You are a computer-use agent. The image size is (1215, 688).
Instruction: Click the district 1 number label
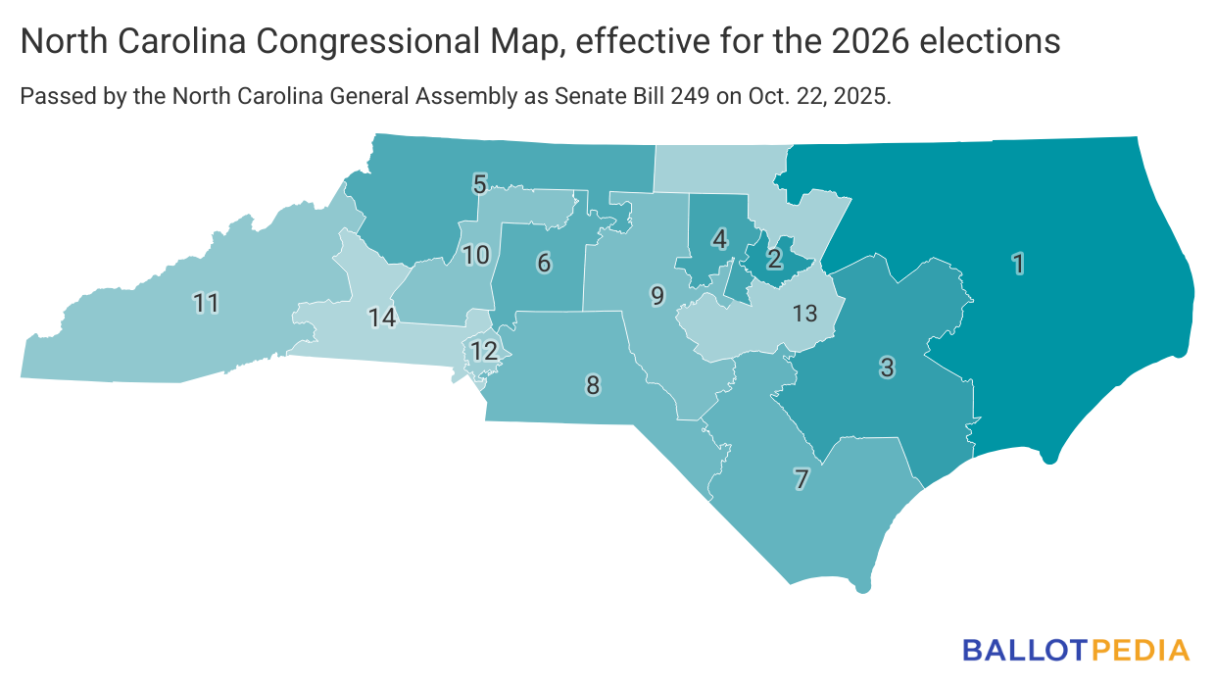point(1019,263)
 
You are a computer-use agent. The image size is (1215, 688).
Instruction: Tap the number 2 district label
point(774,259)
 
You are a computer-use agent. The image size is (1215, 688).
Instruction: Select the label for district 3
point(887,368)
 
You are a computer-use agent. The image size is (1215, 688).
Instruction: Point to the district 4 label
point(720,238)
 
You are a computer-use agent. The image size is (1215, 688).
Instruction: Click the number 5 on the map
point(480,183)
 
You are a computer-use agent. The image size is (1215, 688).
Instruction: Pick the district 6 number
point(544,262)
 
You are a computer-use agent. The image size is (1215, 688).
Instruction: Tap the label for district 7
point(802,479)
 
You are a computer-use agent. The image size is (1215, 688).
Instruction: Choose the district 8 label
point(593,384)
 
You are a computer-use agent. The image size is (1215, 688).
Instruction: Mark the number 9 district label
point(657,295)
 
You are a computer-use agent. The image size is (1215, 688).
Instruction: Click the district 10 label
point(476,256)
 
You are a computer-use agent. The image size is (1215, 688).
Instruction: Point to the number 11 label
point(206,304)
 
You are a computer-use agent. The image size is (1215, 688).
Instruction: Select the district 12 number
point(484,351)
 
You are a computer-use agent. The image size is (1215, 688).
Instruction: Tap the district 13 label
point(804,314)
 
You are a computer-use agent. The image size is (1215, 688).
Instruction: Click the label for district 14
point(382,318)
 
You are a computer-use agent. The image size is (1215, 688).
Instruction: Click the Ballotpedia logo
point(1076,650)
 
